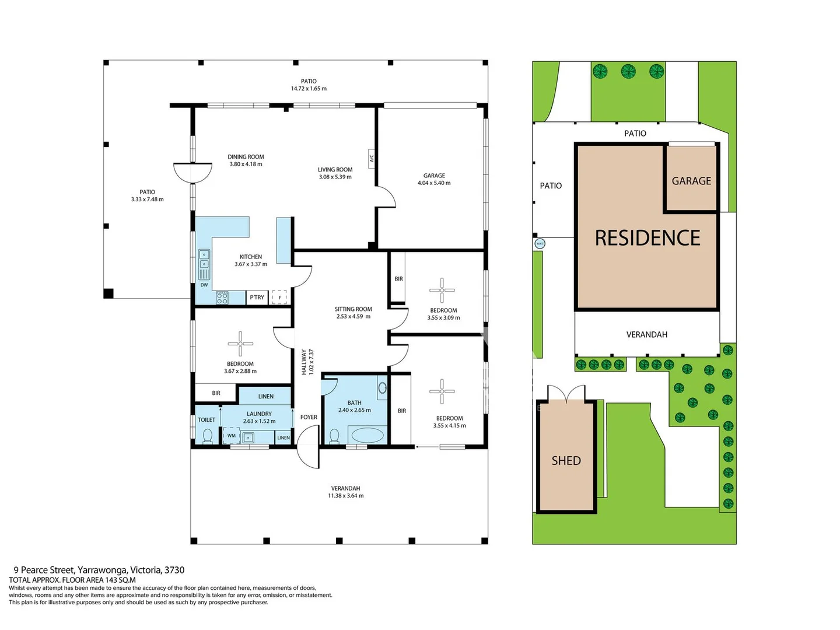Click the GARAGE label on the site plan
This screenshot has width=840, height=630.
(691, 181)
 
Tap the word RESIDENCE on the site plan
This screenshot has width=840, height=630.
(647, 238)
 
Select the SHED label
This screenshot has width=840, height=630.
(566, 461)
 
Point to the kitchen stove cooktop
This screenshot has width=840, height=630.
(222, 297)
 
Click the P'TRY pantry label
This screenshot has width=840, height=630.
(257, 297)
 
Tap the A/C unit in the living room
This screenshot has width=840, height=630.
(372, 157)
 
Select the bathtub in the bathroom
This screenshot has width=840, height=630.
(367, 435)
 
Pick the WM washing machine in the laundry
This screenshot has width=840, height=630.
(231, 436)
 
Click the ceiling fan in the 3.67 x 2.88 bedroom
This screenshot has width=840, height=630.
(240, 344)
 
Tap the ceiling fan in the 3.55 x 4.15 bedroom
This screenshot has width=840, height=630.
(442, 391)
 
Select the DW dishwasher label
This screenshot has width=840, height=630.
(204, 285)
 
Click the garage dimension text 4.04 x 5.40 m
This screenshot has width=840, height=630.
(434, 183)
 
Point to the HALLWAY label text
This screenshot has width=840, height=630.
(304, 362)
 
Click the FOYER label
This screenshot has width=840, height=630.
(309, 417)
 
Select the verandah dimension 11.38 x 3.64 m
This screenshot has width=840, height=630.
(345, 496)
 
